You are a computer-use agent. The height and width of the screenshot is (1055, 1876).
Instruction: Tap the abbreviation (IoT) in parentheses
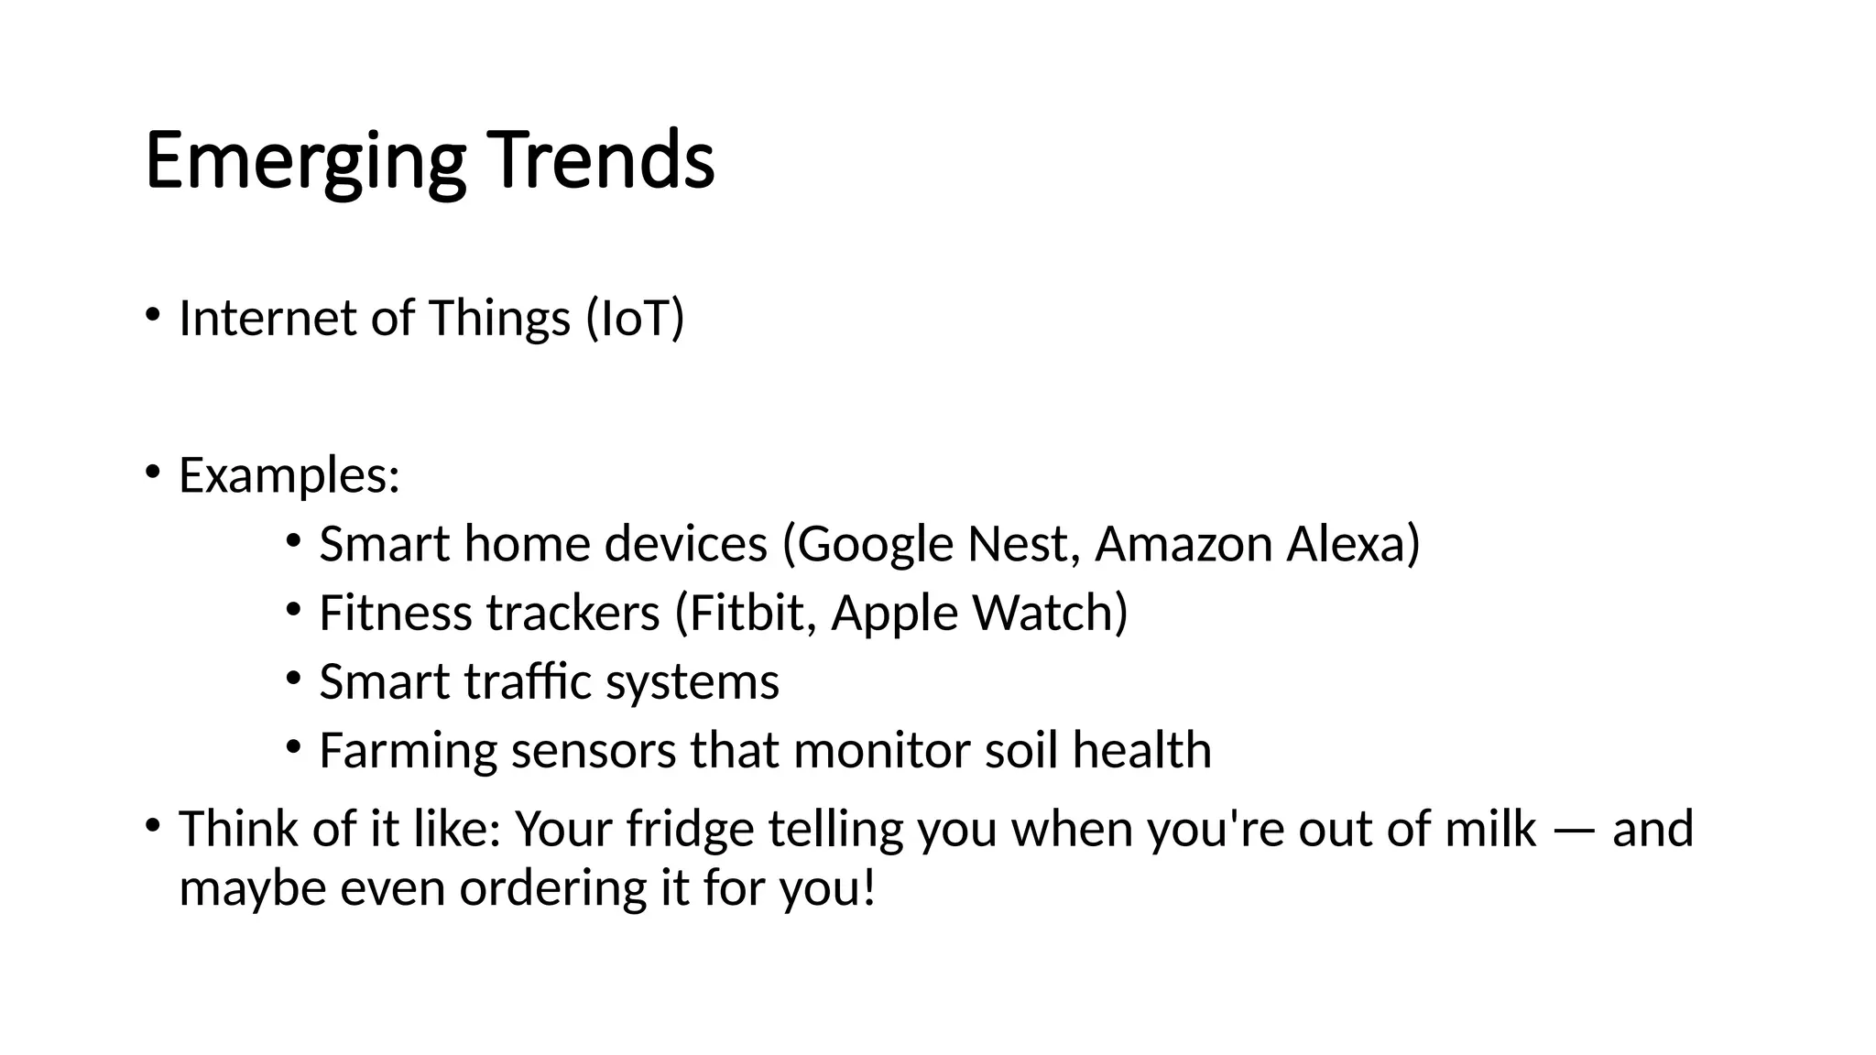(x=635, y=319)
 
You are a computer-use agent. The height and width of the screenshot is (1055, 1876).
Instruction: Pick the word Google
(x=876, y=545)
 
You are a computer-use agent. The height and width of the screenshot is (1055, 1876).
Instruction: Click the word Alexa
(x=1346, y=544)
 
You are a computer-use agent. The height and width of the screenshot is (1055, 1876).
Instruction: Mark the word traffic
(x=528, y=681)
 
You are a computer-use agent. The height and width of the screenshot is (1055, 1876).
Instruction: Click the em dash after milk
(x=1574, y=832)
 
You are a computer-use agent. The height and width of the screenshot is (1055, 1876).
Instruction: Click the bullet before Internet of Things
(x=152, y=316)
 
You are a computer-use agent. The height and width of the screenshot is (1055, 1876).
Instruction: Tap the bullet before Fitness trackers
(x=293, y=608)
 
